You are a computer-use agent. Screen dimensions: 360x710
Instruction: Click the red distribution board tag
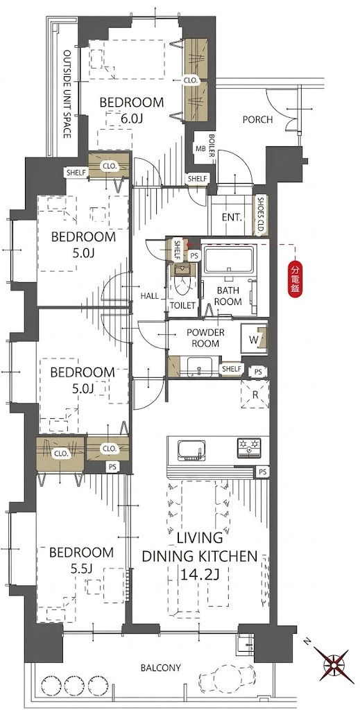(x=295, y=280)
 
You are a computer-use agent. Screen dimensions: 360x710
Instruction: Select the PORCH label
(x=257, y=120)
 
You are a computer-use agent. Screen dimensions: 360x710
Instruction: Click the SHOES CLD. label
(x=260, y=215)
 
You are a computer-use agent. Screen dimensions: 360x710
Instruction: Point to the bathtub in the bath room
(x=228, y=260)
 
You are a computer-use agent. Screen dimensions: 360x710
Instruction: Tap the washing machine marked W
(x=254, y=338)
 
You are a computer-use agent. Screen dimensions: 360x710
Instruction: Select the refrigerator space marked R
(x=255, y=394)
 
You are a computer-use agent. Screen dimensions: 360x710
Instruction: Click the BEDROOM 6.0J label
(x=132, y=110)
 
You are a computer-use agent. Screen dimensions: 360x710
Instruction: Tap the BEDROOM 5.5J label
(x=82, y=560)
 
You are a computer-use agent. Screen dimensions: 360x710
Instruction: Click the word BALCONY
(x=161, y=668)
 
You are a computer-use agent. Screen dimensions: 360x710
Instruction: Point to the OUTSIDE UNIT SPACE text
(x=67, y=94)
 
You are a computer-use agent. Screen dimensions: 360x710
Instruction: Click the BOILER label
(x=212, y=146)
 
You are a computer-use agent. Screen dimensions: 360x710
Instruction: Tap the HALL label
(x=149, y=296)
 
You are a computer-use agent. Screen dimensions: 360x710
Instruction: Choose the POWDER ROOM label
(x=205, y=338)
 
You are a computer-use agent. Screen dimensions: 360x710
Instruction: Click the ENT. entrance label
(x=232, y=217)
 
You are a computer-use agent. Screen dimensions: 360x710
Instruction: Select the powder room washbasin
(x=199, y=366)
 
